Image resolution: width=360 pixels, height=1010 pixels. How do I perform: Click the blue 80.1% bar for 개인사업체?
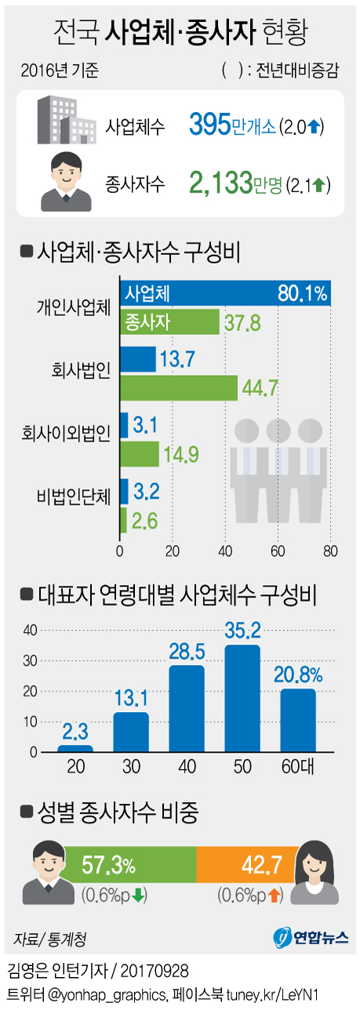tap(224, 293)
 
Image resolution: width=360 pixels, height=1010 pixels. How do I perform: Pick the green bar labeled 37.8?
tap(169, 322)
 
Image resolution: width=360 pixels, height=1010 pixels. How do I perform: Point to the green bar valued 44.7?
tap(178, 387)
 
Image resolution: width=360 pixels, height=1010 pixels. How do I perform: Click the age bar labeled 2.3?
tap(75, 748)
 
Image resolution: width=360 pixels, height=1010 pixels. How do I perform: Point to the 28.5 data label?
tap(187, 652)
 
